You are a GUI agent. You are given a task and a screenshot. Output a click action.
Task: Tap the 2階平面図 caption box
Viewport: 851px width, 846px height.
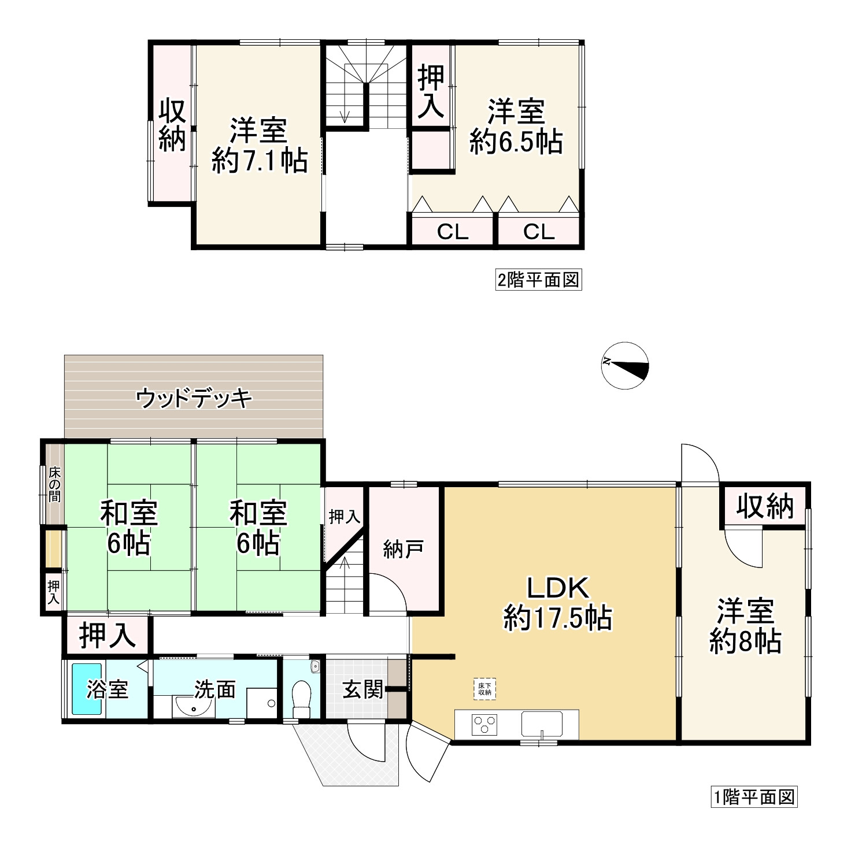[x=538, y=280]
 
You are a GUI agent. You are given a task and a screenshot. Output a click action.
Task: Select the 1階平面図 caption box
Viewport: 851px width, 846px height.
[x=754, y=797]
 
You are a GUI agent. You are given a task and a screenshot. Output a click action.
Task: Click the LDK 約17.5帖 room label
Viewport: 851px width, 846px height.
[x=558, y=603]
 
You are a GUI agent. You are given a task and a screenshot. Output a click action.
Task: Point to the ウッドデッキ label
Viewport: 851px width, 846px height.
[x=194, y=399]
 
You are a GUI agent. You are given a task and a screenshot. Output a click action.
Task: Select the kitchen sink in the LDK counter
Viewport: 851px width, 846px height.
[x=542, y=723]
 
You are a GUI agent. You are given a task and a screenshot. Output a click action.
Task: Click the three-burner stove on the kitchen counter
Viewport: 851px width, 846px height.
[x=484, y=724]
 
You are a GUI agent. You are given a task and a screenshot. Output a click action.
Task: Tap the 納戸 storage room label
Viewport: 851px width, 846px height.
[x=403, y=549]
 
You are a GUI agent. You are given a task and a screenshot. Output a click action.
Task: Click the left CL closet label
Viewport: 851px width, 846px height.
[x=452, y=232]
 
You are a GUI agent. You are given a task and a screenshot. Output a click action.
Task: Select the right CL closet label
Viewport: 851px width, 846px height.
[x=539, y=232]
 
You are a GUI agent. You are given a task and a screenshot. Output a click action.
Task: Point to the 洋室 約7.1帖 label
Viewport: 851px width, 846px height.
[x=259, y=145]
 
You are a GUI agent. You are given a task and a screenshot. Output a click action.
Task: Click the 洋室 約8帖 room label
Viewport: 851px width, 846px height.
[x=745, y=626]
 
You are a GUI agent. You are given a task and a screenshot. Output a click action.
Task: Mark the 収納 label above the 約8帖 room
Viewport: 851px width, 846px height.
[x=764, y=507]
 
